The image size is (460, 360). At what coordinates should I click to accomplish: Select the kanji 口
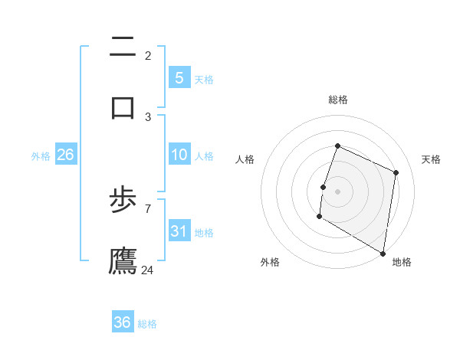(x=123, y=106)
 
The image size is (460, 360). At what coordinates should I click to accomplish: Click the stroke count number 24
(x=148, y=270)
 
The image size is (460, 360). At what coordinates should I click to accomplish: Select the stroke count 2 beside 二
(x=148, y=56)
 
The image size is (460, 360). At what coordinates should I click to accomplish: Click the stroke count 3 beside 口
(x=148, y=116)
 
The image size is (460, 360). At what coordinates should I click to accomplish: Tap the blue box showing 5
(x=179, y=77)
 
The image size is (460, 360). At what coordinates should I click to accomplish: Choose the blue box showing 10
(x=179, y=155)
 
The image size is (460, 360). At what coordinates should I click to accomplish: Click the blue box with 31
(x=179, y=231)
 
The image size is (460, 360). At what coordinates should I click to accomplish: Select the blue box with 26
(x=65, y=155)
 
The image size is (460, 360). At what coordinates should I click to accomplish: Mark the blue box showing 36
(x=123, y=322)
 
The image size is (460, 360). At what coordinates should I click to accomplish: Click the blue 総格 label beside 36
(x=147, y=324)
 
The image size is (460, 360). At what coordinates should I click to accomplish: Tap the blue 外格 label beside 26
(x=41, y=155)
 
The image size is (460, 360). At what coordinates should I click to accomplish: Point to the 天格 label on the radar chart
(x=431, y=159)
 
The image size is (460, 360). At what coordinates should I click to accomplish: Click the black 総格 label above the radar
(x=338, y=100)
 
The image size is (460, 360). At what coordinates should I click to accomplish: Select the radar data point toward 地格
(x=383, y=253)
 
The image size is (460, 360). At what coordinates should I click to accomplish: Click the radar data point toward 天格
(x=396, y=172)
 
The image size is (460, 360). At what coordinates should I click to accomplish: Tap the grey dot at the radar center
(x=338, y=190)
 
